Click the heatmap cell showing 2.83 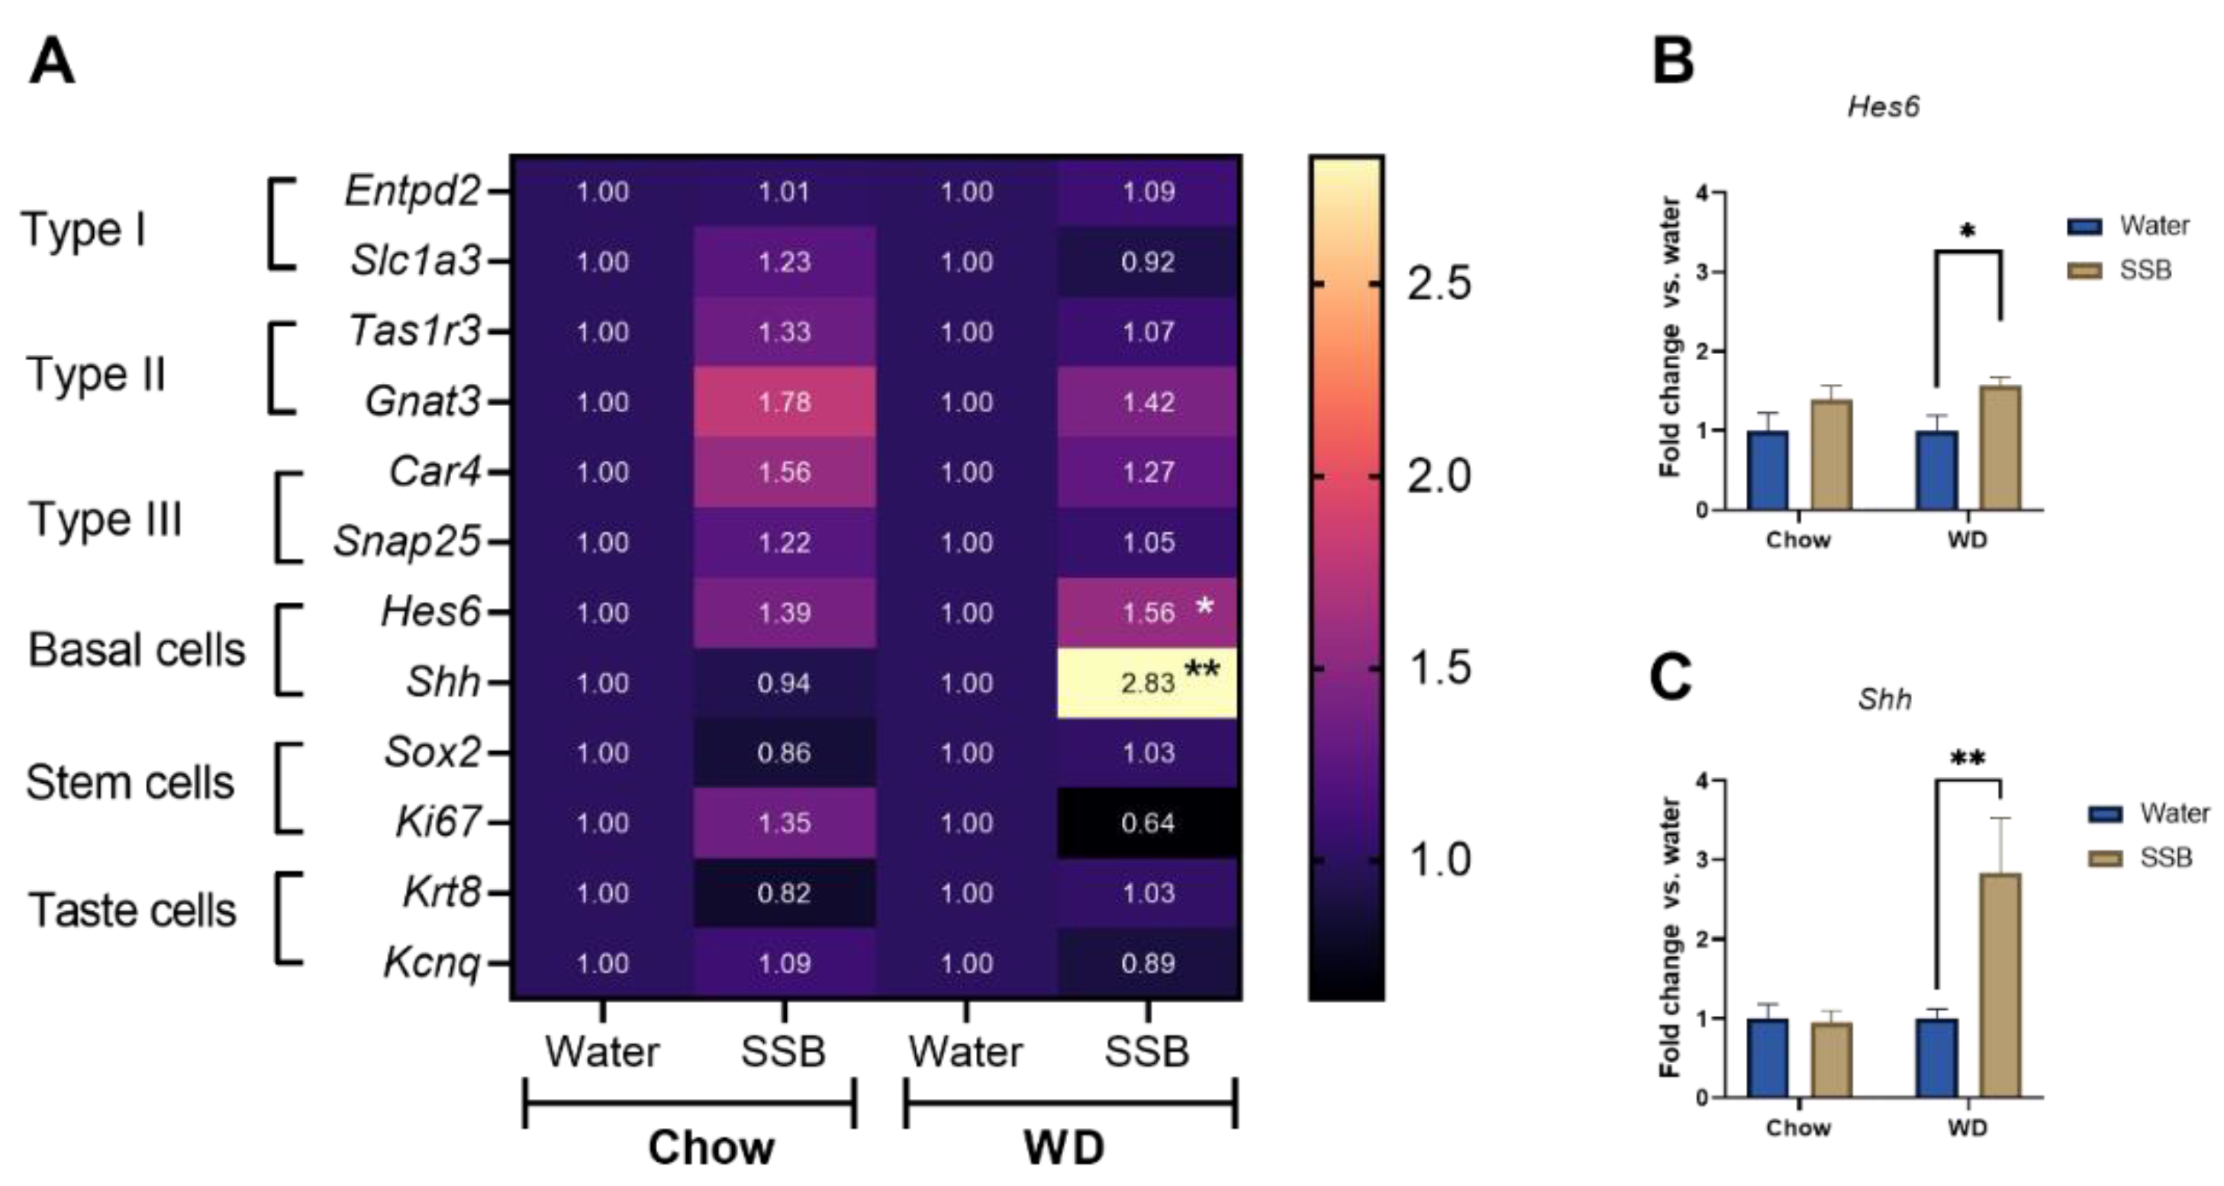click(x=1146, y=683)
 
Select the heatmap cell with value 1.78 click(x=784, y=402)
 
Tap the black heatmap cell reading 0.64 click(x=1146, y=823)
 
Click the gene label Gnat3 click(x=422, y=401)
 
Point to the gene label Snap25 click(x=407, y=542)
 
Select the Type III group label click(x=105, y=520)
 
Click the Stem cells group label click(x=130, y=783)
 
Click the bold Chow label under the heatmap click(x=711, y=1148)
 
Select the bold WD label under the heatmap click(x=1064, y=1148)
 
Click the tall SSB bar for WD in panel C click(x=2000, y=984)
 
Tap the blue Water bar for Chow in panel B click(x=1768, y=469)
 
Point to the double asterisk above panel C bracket click(x=1968, y=759)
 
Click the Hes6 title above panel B click(x=1883, y=106)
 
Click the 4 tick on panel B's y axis click(x=1700, y=192)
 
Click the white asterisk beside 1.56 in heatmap click(x=1204, y=606)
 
